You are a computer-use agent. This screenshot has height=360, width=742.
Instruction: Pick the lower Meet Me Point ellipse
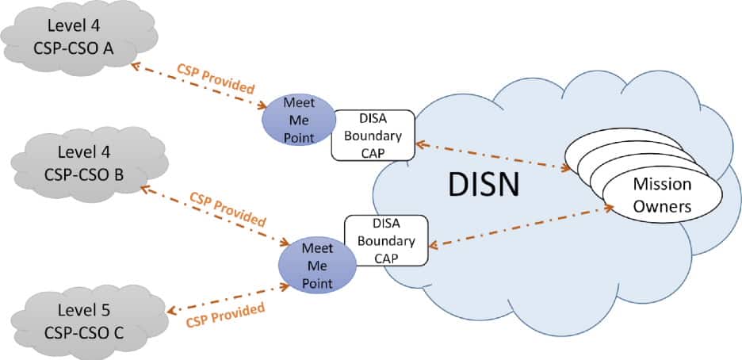(316, 264)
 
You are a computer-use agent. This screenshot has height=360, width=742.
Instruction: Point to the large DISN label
(484, 183)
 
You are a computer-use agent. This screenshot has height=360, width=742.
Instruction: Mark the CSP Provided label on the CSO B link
(228, 208)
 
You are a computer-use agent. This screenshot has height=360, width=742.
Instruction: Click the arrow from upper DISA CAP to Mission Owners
(491, 155)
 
